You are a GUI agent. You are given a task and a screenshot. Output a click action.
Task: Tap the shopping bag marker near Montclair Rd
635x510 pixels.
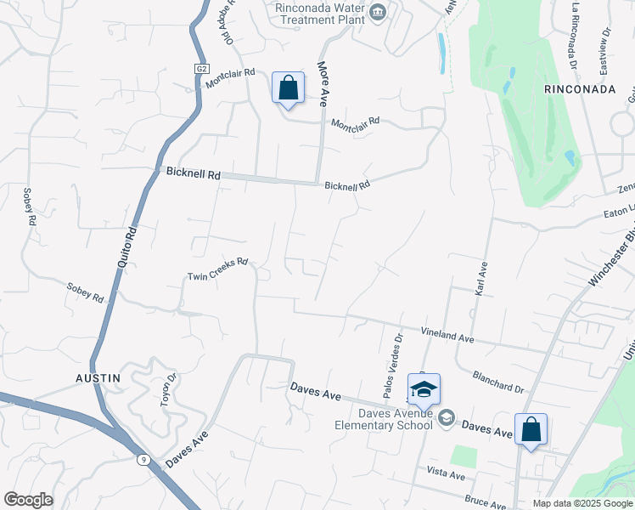coord(288,88)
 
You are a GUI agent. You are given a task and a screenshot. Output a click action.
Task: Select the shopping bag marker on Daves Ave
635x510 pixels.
coord(531,429)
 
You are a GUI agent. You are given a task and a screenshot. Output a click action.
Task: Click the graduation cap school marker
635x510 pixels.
coord(424,390)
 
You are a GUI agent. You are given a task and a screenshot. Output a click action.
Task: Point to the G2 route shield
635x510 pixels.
coord(201,69)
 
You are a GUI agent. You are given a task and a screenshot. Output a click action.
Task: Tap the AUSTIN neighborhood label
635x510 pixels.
coord(96,377)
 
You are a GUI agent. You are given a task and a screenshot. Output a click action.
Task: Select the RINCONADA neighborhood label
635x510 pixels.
coord(580,88)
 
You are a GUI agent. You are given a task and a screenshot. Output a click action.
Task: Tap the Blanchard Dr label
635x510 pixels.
coord(498,381)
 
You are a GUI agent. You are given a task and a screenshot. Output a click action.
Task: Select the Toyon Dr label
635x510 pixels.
coord(168,390)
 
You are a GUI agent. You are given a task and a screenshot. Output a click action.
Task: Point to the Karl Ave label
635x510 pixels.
coord(482,278)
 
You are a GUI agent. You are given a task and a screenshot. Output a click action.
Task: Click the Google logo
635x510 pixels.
coord(28,500)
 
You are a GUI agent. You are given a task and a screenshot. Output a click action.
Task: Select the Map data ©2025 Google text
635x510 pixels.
coord(582,503)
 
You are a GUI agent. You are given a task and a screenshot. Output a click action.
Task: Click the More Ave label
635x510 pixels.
coord(323,82)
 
